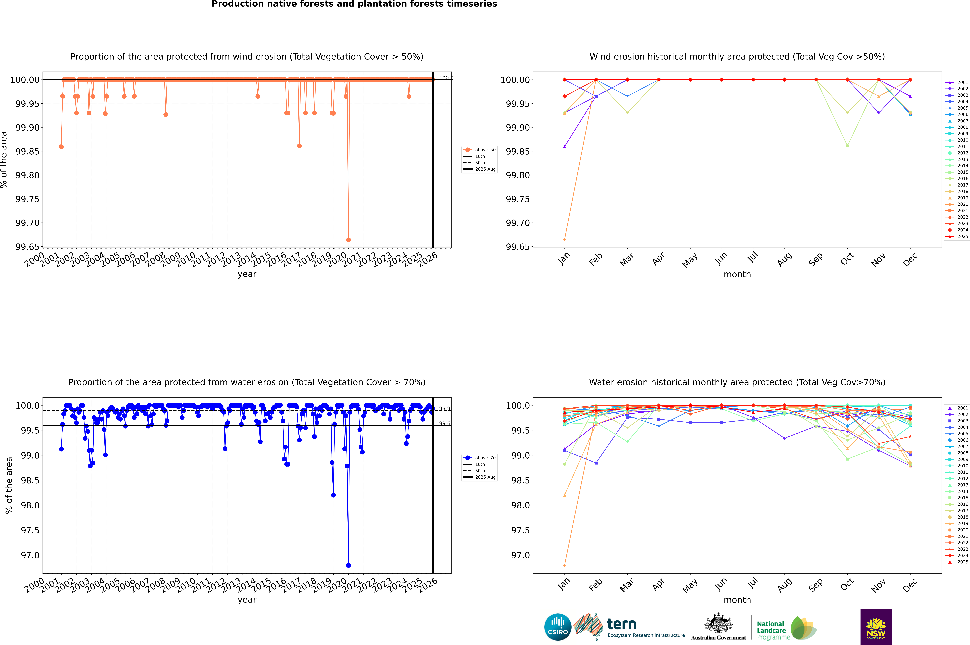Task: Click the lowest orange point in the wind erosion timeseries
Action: point(348,239)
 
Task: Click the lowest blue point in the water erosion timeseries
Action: point(348,565)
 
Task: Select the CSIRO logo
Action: point(558,627)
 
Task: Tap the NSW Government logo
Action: point(876,627)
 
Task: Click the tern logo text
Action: point(622,624)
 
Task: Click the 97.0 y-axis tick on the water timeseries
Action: point(30,555)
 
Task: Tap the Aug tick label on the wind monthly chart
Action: point(784,260)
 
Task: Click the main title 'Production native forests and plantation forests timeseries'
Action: point(354,4)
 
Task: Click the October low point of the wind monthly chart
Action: point(847,146)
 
